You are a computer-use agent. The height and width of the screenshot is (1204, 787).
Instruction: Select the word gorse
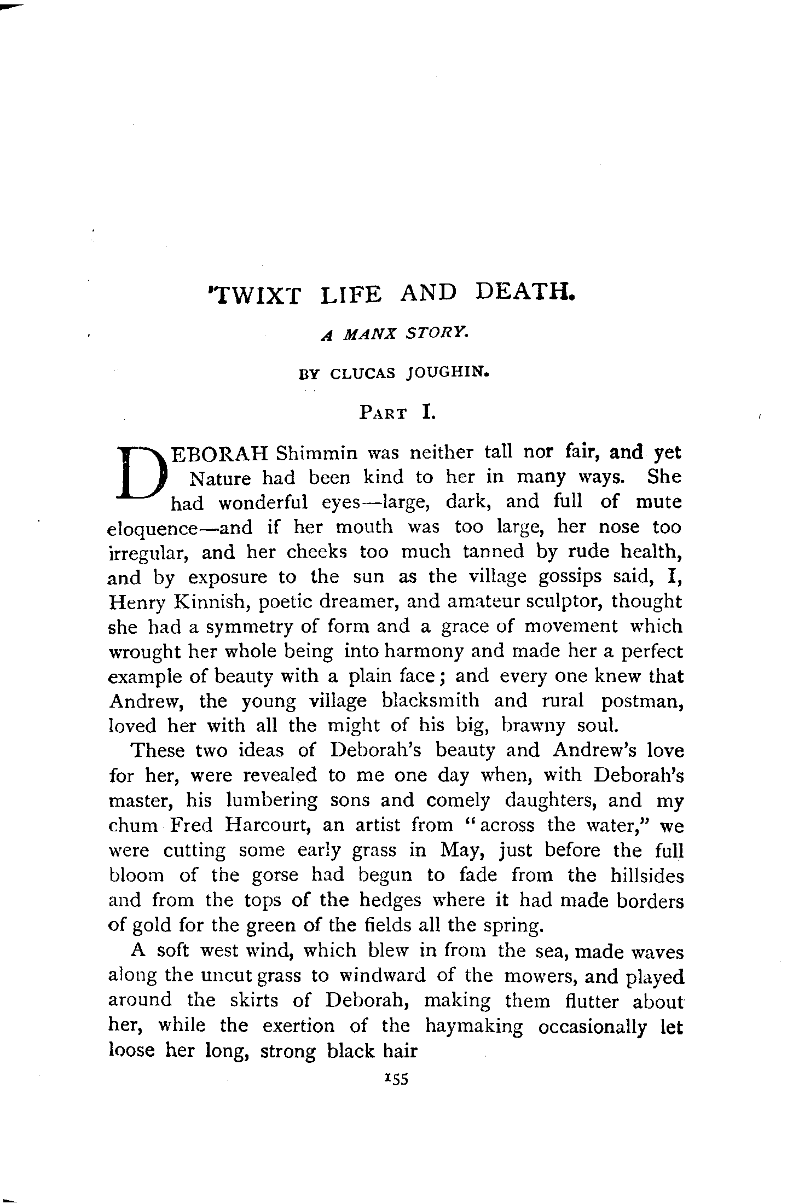coord(275,876)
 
